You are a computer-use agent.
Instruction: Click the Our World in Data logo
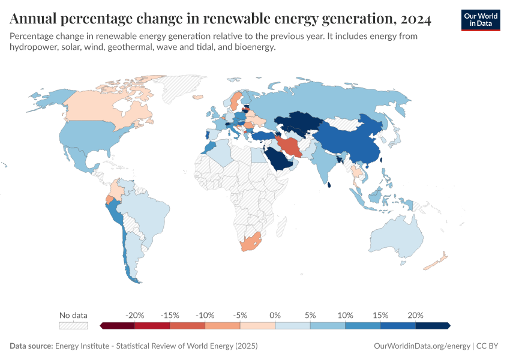[480, 20]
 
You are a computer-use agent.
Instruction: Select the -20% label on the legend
[135, 315]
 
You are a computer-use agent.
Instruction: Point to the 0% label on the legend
[275, 315]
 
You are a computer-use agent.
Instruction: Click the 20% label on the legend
[415, 315]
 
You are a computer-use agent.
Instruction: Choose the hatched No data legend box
[73, 326]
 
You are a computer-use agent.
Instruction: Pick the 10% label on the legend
[345, 315]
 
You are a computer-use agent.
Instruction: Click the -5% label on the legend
[240, 315]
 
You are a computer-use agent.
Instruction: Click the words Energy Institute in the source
[83, 346]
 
